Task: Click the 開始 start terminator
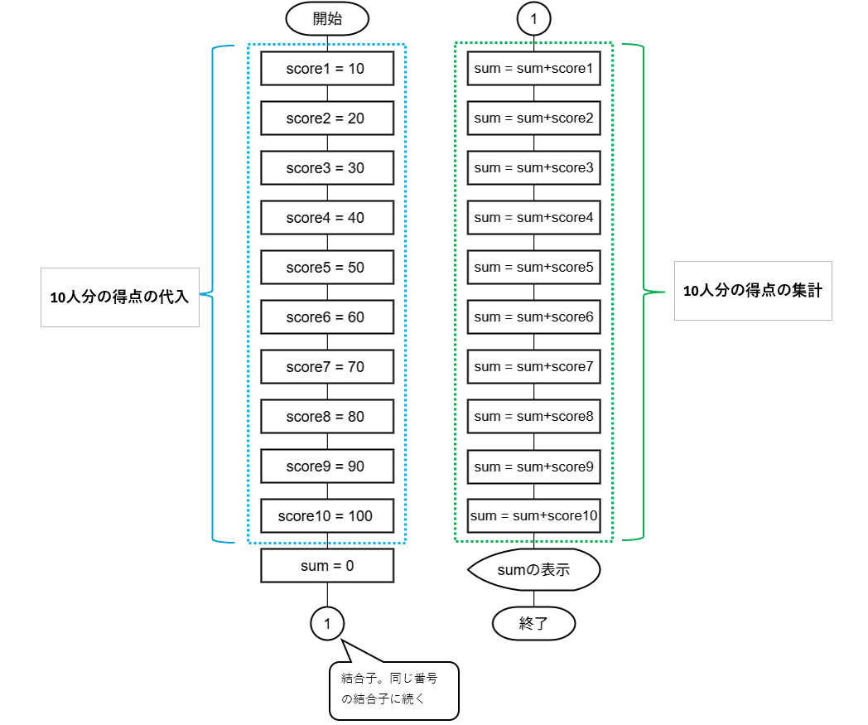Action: pyautogui.click(x=327, y=18)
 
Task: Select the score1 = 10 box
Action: pyautogui.click(x=327, y=68)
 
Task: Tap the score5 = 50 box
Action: pyautogui.click(x=327, y=267)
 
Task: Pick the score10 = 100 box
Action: pyautogui.click(x=327, y=515)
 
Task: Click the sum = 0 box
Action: pyautogui.click(x=327, y=565)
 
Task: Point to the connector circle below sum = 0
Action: pyautogui.click(x=327, y=624)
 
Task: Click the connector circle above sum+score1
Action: pyautogui.click(x=533, y=19)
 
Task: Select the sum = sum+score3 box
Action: pyautogui.click(x=533, y=167)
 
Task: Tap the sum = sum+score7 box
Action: pyautogui.click(x=533, y=366)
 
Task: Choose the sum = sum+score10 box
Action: pyautogui.click(x=533, y=515)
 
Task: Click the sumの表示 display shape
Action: pyautogui.click(x=533, y=569)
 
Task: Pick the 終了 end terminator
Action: pyautogui.click(x=533, y=624)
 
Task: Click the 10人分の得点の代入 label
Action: pyautogui.click(x=119, y=297)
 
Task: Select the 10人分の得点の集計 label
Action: pyautogui.click(x=753, y=291)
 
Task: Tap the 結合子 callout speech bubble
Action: pyautogui.click(x=394, y=690)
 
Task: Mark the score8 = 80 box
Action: pyautogui.click(x=327, y=416)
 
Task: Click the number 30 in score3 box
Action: pyautogui.click(x=356, y=168)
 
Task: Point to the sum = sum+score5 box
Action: pyautogui.click(x=533, y=267)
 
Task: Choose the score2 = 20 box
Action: pyautogui.click(x=327, y=118)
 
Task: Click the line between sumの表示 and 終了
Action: pyautogui.click(x=533, y=599)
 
